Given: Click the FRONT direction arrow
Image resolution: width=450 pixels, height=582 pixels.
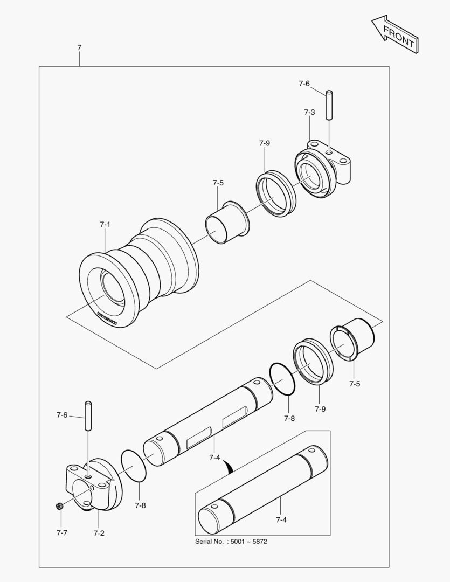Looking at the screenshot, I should click(x=394, y=34).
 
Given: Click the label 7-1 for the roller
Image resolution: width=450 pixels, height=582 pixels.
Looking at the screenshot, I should click(x=105, y=224).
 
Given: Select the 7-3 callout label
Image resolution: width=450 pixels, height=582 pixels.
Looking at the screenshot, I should click(x=309, y=112).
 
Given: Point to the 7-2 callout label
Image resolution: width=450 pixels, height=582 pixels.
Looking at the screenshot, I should click(x=99, y=533).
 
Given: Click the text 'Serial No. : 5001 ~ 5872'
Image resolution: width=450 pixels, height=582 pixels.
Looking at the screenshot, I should click(x=231, y=541).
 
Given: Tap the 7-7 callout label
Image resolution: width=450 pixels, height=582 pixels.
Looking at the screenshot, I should click(x=62, y=532).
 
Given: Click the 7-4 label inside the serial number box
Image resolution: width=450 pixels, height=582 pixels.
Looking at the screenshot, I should click(x=281, y=519).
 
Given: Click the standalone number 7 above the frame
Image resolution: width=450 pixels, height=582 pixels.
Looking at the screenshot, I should click(x=79, y=48).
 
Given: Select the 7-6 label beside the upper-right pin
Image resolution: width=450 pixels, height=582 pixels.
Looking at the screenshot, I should click(x=304, y=84).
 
